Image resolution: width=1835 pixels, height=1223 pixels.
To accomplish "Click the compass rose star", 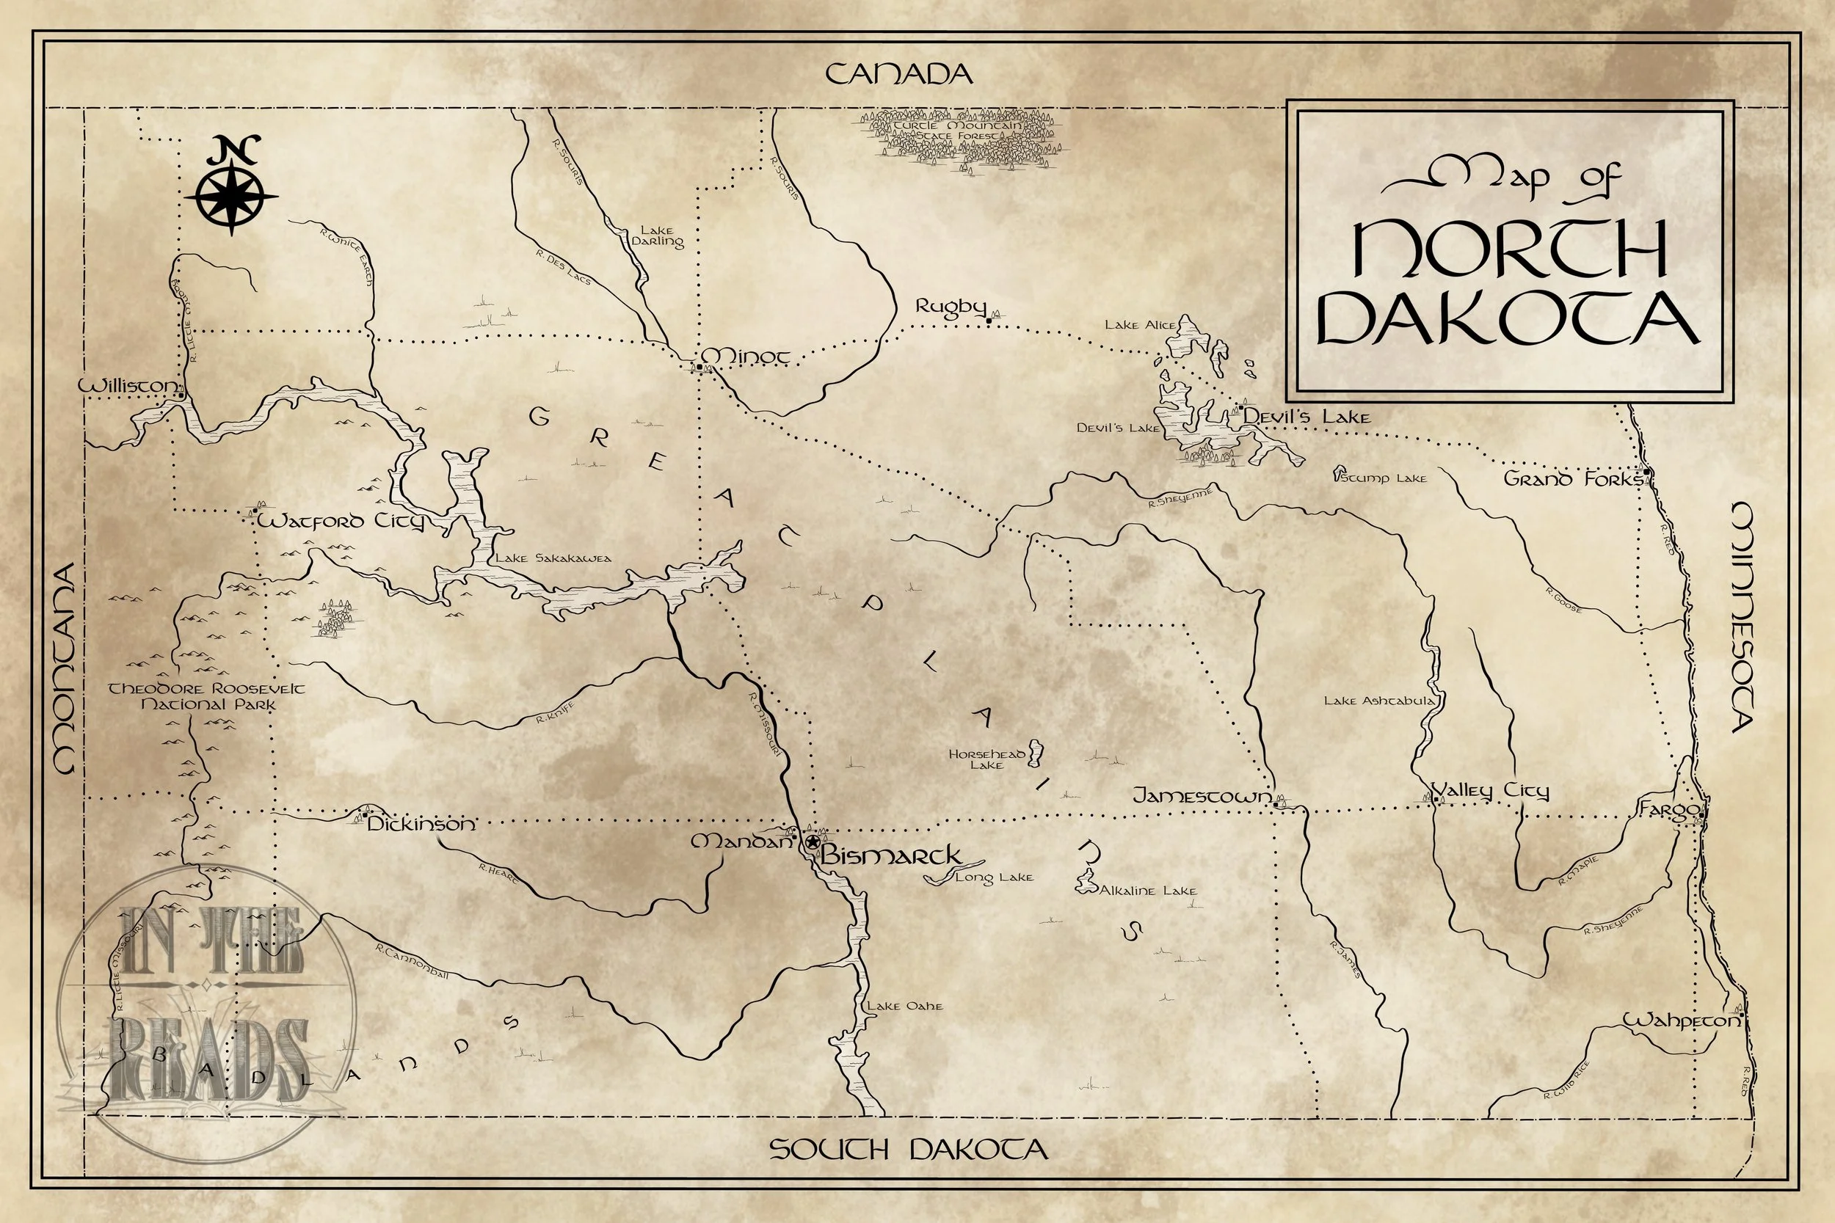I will coord(232,195).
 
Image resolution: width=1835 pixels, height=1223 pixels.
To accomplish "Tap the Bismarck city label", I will coord(890,855).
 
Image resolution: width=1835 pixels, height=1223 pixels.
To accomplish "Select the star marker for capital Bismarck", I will coord(813,842).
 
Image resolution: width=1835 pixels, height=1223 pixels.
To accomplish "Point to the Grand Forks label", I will coord(1573,479).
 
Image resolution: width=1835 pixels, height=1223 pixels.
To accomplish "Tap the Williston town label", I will coord(128,386).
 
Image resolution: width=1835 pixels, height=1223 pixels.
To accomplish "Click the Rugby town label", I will coord(951,307).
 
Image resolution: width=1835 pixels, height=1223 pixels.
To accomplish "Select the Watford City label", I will coord(341,521).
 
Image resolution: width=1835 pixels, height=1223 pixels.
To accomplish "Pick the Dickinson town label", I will coord(421,824).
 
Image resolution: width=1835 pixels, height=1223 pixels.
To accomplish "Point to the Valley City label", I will coord(1491,791).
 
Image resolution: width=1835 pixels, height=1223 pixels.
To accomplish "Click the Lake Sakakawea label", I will coord(554,558).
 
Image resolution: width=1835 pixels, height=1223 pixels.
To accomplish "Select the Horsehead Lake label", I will coord(986,759).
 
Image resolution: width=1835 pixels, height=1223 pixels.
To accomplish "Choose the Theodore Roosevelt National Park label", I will coord(207,696).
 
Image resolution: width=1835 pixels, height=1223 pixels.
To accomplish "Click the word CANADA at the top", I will coord(898,75).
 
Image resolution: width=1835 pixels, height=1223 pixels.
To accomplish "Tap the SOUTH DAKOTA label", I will coord(908,1149).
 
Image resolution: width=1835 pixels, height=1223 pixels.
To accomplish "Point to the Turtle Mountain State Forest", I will coord(962,139).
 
